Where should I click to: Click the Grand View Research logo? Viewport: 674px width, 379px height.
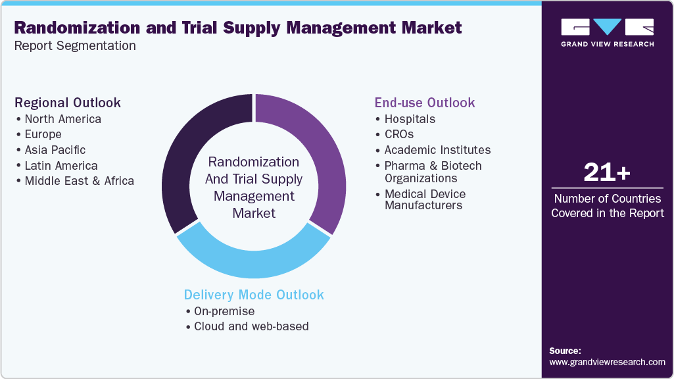coord(607,32)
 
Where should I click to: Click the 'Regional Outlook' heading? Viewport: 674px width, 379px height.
coord(68,103)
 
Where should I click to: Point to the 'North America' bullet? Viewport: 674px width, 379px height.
coord(62,119)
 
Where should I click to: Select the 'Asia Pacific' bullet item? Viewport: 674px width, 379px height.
coord(55,150)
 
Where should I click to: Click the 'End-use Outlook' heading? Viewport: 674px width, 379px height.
coord(425,103)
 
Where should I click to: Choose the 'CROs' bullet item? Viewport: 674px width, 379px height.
coord(398,134)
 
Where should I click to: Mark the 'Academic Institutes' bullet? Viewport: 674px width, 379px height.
coord(437,150)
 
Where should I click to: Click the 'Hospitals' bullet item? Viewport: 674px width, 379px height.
coord(410,119)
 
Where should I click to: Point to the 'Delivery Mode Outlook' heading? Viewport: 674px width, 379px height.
coord(254,295)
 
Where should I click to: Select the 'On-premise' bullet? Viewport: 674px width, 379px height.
coord(224,311)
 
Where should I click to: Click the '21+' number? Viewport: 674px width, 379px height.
coord(607,173)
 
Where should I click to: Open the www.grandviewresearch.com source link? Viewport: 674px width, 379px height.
coord(607,362)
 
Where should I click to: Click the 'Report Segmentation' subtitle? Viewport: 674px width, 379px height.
coord(75,46)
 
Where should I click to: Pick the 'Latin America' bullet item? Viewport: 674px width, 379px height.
coord(60,166)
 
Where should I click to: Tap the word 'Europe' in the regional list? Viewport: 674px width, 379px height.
coord(43,134)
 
